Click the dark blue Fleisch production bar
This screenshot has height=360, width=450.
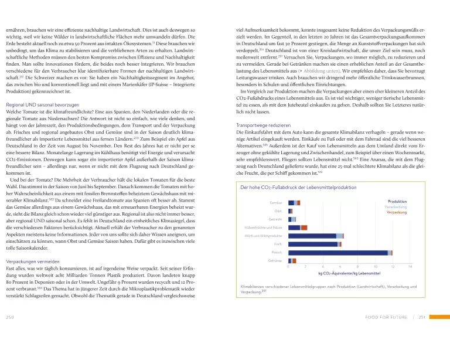pos(337,252)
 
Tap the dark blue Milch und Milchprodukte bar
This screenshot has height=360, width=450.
pos(312,235)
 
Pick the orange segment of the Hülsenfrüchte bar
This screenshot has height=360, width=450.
pos(304,227)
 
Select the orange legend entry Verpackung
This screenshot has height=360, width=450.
pos(396,212)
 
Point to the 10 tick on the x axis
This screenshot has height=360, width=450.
pos(375,267)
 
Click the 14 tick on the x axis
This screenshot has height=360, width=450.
pos(410,267)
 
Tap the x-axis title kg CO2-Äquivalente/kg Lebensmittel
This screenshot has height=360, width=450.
pos(349,273)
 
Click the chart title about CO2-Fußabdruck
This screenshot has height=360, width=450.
pos(299,188)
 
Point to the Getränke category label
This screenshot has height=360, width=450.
pos(275,260)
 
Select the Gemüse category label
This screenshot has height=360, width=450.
pos(275,202)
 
